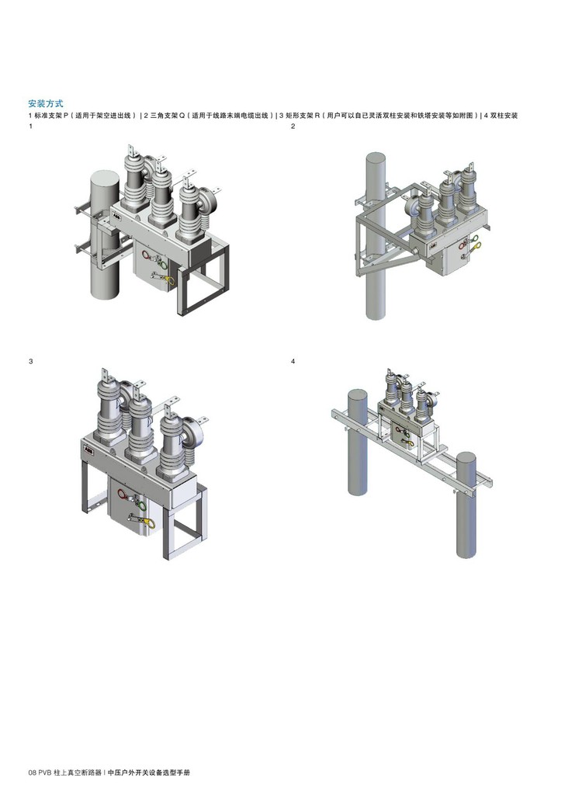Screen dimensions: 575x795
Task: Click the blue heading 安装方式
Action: (46, 103)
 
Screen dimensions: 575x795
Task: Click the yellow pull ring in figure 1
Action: (171, 280)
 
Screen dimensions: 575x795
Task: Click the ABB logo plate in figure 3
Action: (87, 450)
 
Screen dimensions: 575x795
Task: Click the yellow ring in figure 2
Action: (476, 246)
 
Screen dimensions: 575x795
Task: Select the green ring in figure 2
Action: (475, 239)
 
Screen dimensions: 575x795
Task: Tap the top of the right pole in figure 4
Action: (466, 459)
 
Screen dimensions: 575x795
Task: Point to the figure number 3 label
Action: (31, 362)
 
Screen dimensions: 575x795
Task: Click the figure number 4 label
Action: (293, 362)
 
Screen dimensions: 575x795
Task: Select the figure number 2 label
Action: (293, 127)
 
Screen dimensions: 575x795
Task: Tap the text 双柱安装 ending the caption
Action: (504, 116)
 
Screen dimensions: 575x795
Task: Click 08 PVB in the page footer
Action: (40, 772)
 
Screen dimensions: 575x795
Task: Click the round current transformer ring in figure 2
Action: (413, 211)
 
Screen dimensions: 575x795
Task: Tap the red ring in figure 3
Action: (123, 494)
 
